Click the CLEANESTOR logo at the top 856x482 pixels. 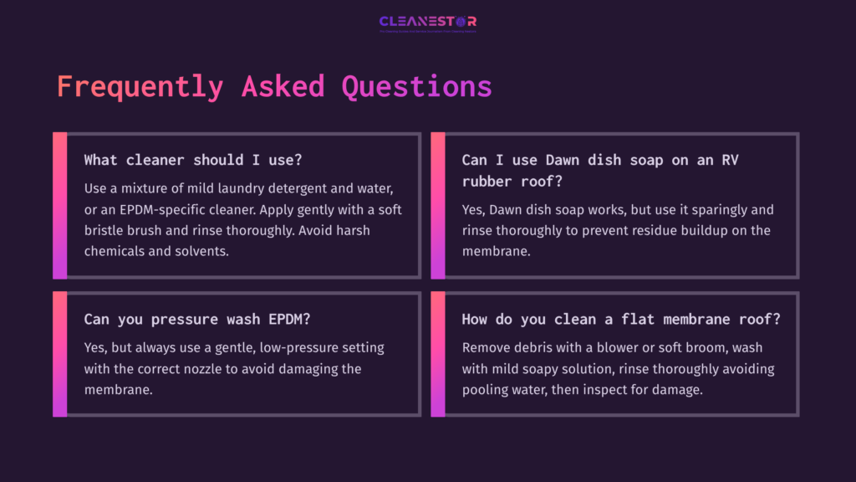click(427, 22)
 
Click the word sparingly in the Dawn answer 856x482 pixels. click(739, 209)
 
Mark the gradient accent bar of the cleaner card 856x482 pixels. click(59, 205)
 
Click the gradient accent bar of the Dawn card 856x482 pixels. click(437, 205)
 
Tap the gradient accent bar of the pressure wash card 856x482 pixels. click(59, 354)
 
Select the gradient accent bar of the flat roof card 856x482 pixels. click(437, 354)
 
